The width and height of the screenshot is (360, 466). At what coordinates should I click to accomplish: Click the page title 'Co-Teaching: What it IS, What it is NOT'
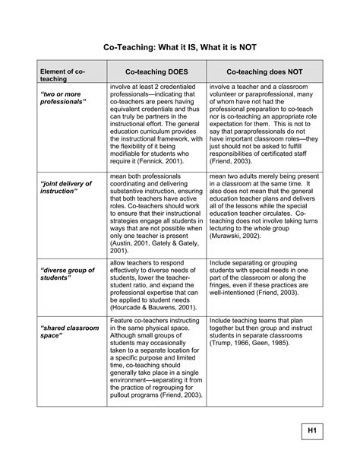pos(180,47)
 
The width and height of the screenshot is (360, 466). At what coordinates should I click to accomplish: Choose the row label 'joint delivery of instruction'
pos(65,188)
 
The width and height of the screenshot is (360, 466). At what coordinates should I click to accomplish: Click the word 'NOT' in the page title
pos(245,47)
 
